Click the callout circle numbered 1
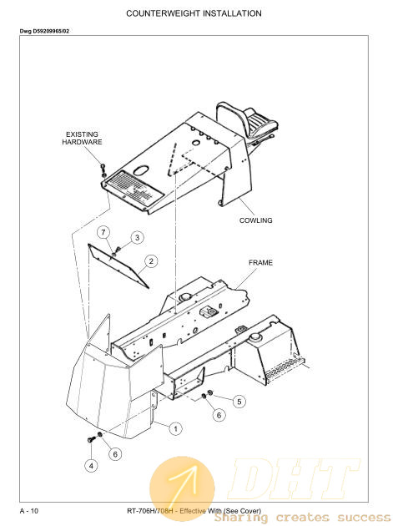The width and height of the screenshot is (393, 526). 176,428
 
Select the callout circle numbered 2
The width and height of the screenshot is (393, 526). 151,261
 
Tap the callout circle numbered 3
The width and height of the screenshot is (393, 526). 137,237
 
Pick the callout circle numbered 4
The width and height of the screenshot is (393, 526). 91,465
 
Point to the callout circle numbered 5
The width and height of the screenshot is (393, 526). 239,402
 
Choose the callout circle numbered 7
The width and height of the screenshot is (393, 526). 103,232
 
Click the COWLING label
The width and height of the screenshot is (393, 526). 256,220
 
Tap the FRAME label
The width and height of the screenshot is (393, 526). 260,263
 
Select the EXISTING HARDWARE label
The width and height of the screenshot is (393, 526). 82,139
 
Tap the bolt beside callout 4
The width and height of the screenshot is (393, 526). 91,439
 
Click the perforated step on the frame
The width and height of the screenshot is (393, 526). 285,367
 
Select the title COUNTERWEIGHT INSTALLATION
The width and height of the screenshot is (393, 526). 194,13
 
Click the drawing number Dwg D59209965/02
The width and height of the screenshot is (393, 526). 44,31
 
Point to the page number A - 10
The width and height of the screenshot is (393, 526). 29,511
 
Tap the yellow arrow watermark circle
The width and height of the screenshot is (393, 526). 182,489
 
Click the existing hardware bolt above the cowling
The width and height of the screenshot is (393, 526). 103,170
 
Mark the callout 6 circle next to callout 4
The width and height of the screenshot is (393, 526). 115,454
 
